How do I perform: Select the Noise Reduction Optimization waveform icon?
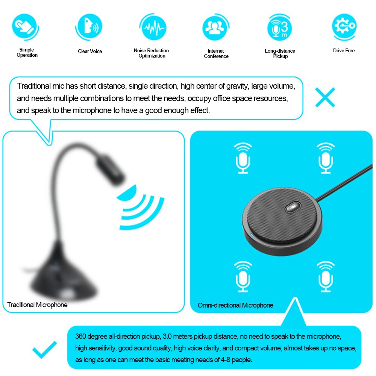click(152, 27)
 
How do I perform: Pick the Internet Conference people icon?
click(215, 27)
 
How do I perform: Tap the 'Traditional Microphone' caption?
click(38, 305)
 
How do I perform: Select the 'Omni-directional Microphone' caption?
click(235, 305)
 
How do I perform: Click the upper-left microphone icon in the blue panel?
click(243, 158)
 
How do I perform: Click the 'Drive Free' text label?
click(344, 50)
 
